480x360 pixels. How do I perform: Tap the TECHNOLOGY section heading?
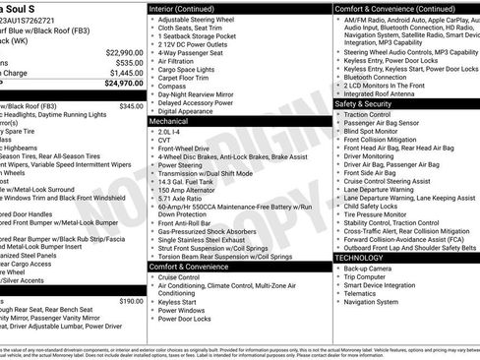(x=358, y=257)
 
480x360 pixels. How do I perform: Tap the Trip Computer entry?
(x=365, y=278)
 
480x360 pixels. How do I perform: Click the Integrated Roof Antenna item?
(x=383, y=92)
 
